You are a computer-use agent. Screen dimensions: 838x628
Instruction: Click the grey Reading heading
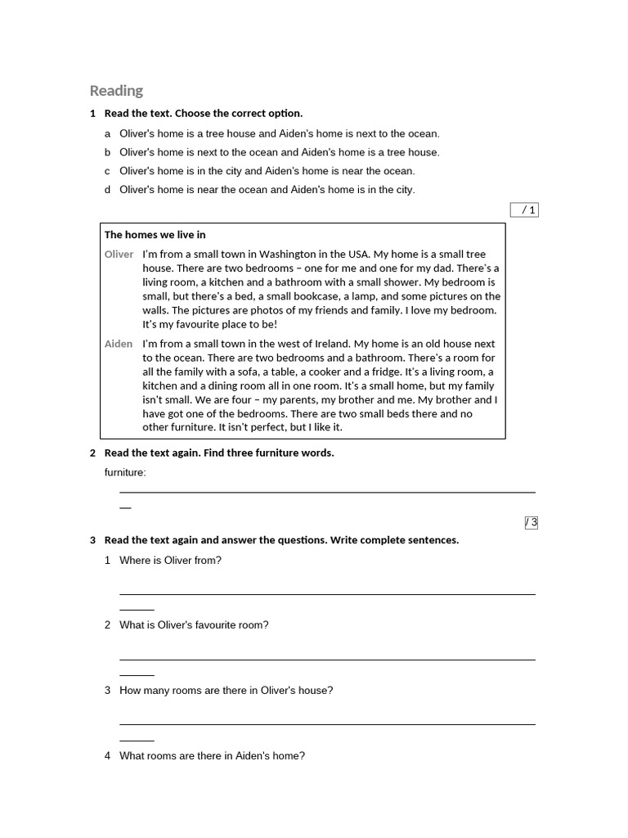[x=116, y=91]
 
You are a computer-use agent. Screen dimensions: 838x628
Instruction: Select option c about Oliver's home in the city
[x=267, y=171]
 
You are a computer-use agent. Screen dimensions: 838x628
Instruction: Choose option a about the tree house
[x=279, y=133]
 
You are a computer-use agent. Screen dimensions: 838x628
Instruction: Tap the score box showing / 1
[x=524, y=210]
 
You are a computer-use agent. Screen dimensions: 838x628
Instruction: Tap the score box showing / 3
[x=531, y=523]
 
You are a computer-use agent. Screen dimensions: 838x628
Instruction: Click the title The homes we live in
[x=155, y=235]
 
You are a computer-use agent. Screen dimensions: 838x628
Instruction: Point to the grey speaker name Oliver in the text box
[x=119, y=255]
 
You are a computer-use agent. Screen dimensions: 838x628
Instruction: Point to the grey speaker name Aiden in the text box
[x=118, y=344]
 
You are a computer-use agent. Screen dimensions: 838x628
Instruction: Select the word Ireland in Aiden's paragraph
[x=331, y=344]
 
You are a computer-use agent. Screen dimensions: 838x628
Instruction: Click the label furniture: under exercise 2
[x=125, y=472]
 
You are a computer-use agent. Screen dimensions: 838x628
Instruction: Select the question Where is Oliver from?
[x=170, y=561]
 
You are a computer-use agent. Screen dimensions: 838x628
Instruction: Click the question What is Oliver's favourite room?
[x=194, y=625]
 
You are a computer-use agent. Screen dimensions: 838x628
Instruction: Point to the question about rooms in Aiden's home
[x=212, y=756]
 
